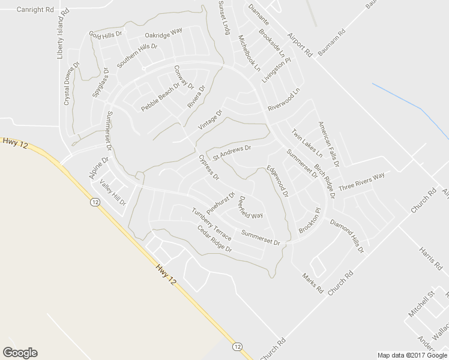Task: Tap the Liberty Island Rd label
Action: pos(60,45)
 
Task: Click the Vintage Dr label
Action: pos(210,121)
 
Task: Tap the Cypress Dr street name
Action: pos(209,168)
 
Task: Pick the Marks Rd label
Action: pos(313,283)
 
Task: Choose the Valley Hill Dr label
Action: pos(113,193)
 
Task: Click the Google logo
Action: pos(20,353)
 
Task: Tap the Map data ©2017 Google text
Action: pos(412,355)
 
